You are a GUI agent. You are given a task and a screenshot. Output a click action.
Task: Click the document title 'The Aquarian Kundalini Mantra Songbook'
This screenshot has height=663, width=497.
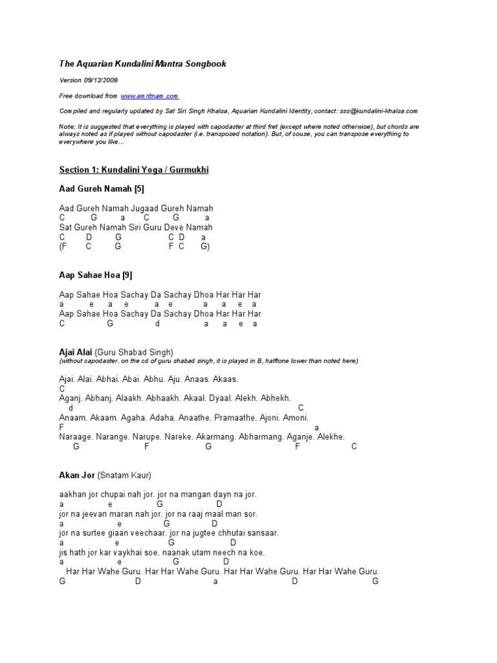click(x=142, y=64)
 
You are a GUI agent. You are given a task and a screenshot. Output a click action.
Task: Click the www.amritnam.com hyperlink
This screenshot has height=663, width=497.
click(x=149, y=96)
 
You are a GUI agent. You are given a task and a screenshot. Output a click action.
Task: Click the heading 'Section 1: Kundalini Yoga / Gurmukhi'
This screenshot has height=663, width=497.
click(x=134, y=170)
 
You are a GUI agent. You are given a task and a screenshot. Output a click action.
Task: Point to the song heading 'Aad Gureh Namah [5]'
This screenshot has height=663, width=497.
click(x=102, y=189)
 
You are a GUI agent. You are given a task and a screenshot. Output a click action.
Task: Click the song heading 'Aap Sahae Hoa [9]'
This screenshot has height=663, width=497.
click(x=96, y=275)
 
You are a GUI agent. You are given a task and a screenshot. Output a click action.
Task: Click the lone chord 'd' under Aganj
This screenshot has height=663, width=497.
click(x=71, y=409)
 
